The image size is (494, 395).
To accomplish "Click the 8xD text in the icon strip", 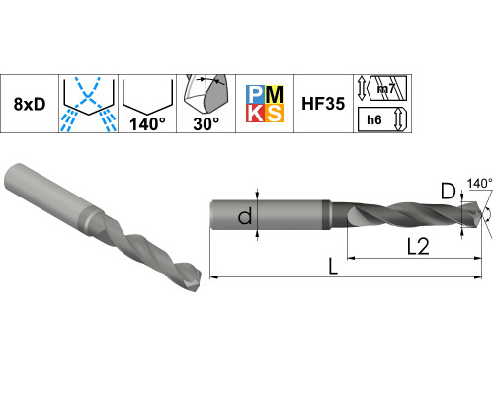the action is [x=30, y=104].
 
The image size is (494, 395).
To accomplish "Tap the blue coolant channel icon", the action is [x=88, y=104].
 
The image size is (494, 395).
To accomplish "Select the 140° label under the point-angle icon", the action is [x=147, y=124].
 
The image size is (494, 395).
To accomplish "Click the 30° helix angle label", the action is [x=206, y=124].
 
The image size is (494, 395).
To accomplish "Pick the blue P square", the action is [x=256, y=95].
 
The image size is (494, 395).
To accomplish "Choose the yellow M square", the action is [x=274, y=95].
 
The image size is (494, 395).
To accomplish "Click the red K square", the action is [x=256, y=113].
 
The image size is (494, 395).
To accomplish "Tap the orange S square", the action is [x=274, y=113].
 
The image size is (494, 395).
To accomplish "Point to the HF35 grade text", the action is [x=323, y=104].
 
